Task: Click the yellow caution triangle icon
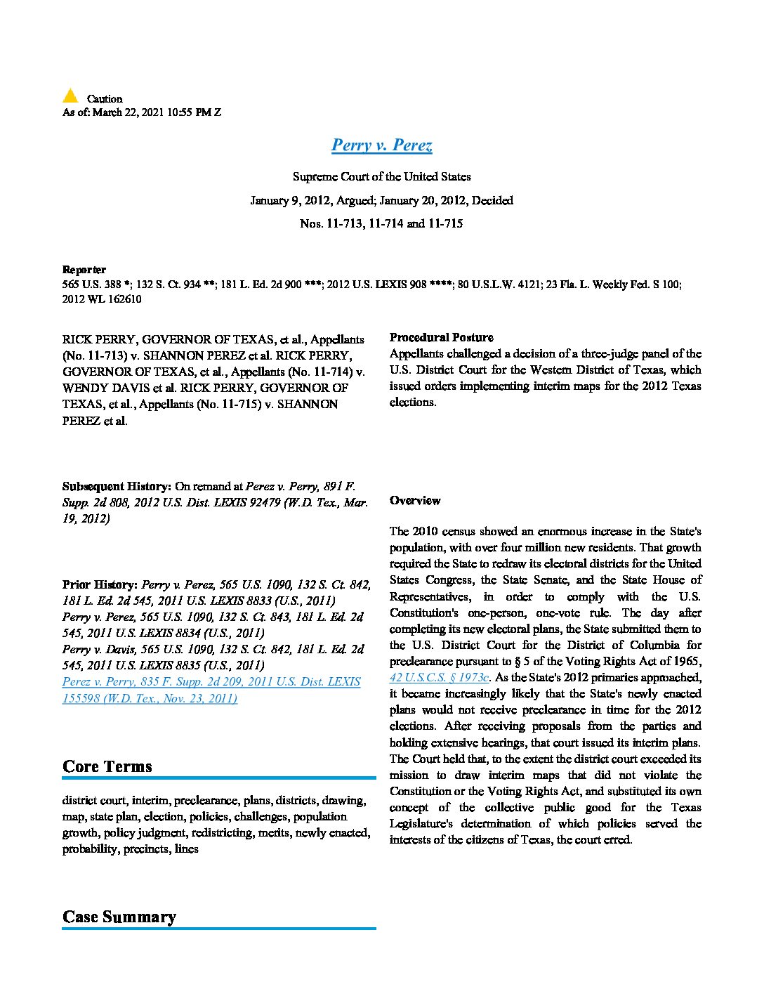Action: click(70, 96)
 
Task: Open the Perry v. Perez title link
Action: click(381, 145)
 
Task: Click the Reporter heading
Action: click(84, 270)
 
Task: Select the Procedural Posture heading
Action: click(441, 337)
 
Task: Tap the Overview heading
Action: click(415, 501)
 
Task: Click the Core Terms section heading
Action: click(107, 766)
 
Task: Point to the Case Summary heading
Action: click(119, 917)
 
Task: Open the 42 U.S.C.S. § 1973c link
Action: click(440, 678)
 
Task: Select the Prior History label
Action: click(100, 584)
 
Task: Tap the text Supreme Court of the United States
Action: click(381, 177)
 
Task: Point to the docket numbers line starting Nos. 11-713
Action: click(381, 224)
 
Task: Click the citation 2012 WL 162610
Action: click(102, 299)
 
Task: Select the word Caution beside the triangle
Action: click(105, 99)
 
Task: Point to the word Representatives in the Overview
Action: click(430, 596)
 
